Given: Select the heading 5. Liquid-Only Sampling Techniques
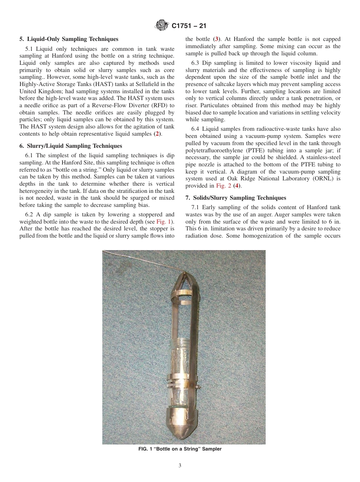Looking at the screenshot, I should tap(69, 39).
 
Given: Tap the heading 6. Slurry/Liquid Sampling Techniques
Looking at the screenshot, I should tap(70, 146).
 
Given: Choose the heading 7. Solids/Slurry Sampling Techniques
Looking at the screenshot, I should tap(236, 198).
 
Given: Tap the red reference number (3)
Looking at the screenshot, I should tap(216, 39).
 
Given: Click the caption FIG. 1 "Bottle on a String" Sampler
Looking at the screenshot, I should tap(180, 449).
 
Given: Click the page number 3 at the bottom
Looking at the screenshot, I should tap(180, 466).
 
